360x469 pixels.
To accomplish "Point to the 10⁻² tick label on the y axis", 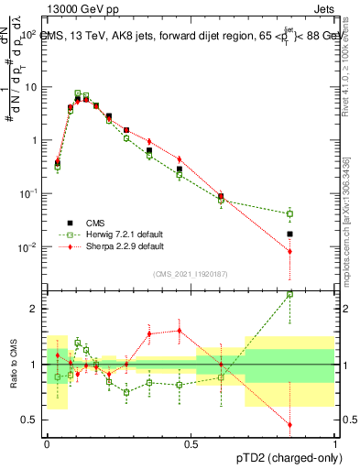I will click(28, 247).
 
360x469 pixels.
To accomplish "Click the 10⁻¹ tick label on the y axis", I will click(28, 193).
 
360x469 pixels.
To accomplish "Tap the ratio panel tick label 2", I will click(35, 309).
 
